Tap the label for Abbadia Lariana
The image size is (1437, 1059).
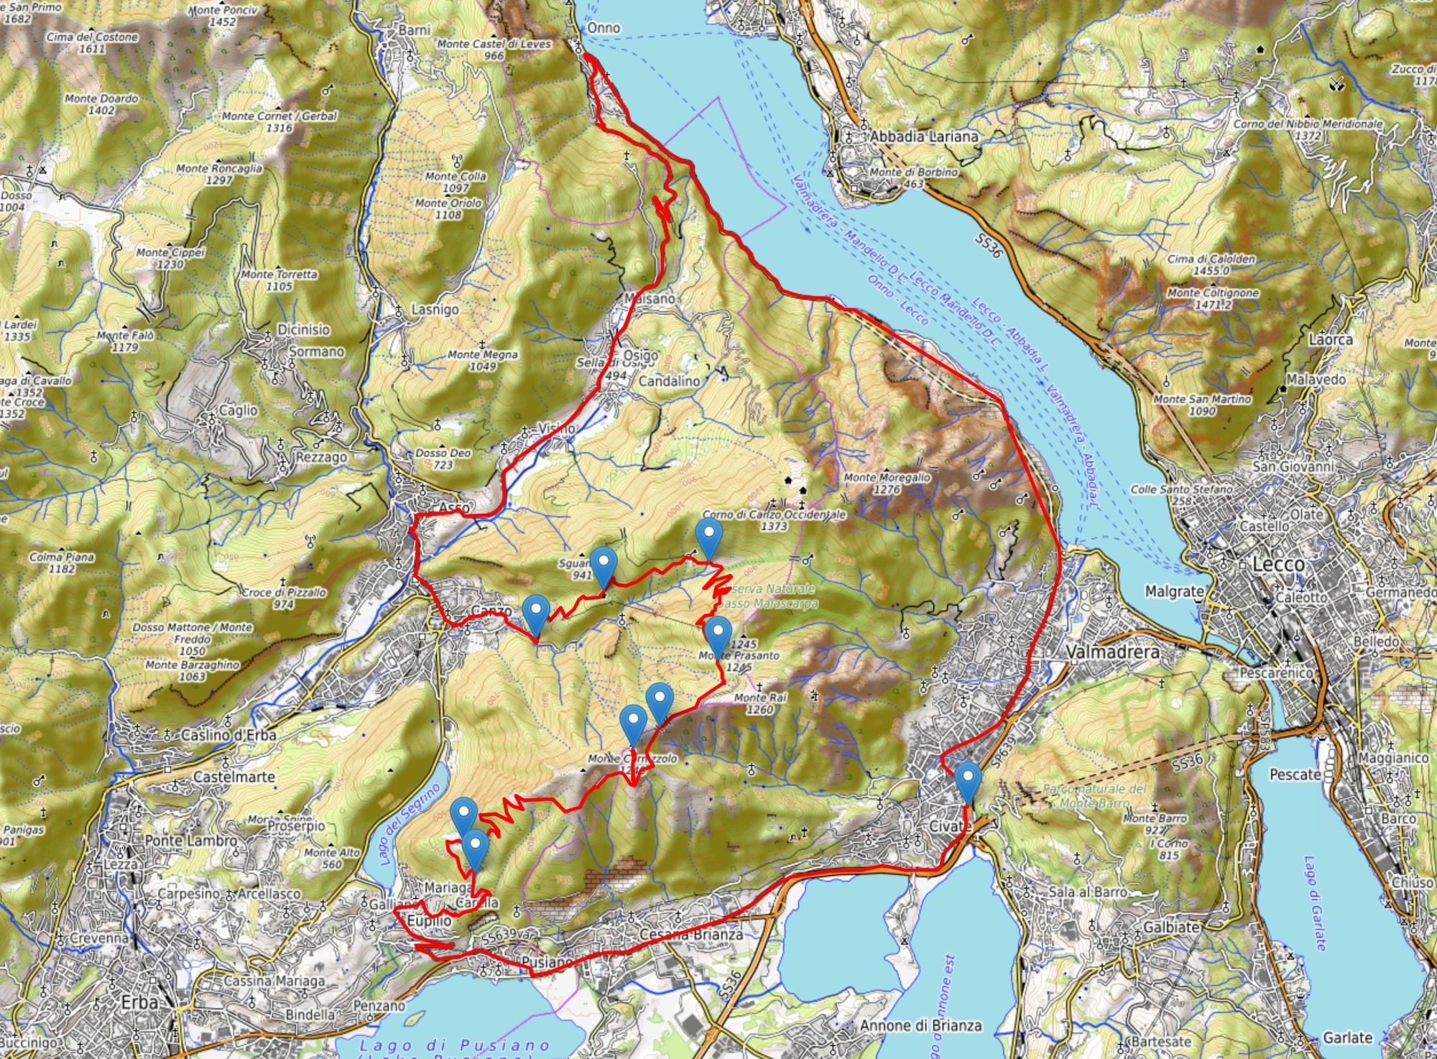pos(923,136)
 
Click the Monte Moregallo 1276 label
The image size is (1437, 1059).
pos(887,482)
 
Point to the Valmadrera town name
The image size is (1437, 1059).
pos(1113,652)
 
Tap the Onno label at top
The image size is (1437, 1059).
pos(603,27)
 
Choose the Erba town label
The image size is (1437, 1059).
pos(139,1004)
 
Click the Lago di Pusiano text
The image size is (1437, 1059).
pos(455,1045)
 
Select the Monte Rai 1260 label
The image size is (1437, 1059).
pos(759,703)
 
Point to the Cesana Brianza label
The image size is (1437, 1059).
pos(690,935)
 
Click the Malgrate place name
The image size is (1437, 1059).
pos(1174,591)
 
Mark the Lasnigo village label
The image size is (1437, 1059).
pos(435,310)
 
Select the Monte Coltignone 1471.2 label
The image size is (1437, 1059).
pos(1213,298)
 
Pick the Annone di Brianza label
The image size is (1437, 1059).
pos(920,1025)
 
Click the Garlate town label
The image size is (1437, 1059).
pos(1347,1037)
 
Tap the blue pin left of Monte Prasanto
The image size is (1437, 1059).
pos(718,636)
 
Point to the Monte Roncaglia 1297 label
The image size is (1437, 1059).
pos(219,174)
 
